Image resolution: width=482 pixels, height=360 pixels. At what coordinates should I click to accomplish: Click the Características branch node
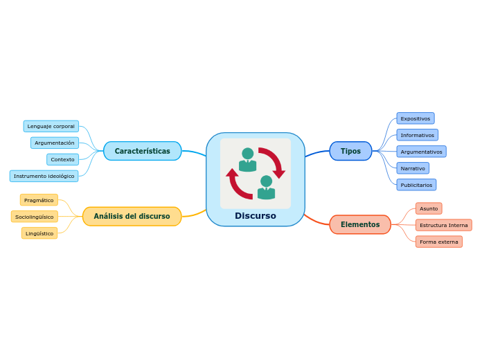pyautogui.click(x=142, y=151)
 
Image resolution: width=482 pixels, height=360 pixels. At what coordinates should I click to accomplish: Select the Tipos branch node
pyautogui.click(x=350, y=151)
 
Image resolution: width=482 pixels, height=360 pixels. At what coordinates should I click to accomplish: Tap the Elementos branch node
pyautogui.click(x=360, y=224)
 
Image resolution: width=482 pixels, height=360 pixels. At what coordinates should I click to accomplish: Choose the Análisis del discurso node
pyautogui.click(x=132, y=216)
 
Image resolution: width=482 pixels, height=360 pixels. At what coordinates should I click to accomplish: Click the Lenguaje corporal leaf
pyautogui.click(x=51, y=126)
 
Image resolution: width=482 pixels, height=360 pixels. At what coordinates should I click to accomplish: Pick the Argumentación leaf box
pyautogui.click(x=55, y=143)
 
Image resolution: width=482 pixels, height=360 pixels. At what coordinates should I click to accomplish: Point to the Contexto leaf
pyautogui.click(x=62, y=159)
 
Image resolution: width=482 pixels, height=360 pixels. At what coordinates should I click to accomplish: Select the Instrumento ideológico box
pyautogui.click(x=44, y=176)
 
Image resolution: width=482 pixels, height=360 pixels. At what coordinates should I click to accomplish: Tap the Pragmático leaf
pyautogui.click(x=39, y=200)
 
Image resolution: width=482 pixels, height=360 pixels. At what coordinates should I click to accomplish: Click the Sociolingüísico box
pyautogui.click(x=35, y=217)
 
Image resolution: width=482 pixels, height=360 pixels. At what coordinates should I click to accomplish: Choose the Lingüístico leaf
pyautogui.click(x=39, y=233)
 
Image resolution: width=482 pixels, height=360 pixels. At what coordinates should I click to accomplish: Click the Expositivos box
pyautogui.click(x=416, y=118)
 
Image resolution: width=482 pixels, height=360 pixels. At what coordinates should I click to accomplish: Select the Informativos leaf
pyautogui.click(x=418, y=135)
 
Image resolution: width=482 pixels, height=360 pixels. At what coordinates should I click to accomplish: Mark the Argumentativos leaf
pyautogui.click(x=421, y=152)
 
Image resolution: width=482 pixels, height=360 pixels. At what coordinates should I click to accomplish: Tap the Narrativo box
pyautogui.click(x=413, y=168)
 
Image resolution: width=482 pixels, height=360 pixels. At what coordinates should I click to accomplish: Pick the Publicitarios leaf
pyautogui.click(x=416, y=185)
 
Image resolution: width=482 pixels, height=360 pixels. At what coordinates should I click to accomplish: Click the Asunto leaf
pyautogui.click(x=429, y=208)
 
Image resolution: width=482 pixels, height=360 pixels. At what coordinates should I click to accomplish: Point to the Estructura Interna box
pyautogui.click(x=444, y=225)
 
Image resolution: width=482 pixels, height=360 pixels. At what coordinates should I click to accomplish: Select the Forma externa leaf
pyautogui.click(x=439, y=242)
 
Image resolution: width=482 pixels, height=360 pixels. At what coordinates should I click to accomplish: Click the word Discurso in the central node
pyautogui.click(x=256, y=216)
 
